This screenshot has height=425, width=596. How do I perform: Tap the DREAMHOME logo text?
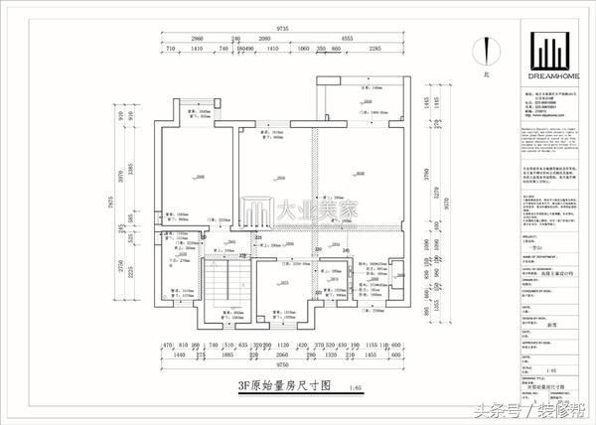(548, 74)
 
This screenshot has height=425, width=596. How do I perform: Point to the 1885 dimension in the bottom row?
(226, 354)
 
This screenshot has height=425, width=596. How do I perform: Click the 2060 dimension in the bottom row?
(281, 354)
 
